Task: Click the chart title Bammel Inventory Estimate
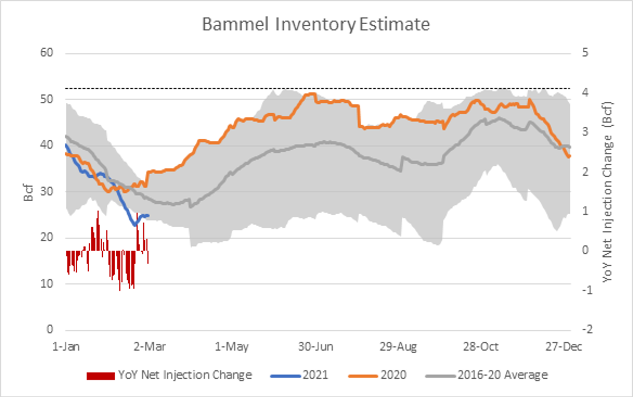coord(316,25)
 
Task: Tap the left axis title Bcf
coord(28,193)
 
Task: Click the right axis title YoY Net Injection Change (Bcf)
coord(607,192)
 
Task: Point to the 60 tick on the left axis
coord(46,53)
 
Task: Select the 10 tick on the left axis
coord(46,284)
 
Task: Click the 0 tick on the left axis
coord(50,329)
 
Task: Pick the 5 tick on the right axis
coord(585,53)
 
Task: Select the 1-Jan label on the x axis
coord(66,347)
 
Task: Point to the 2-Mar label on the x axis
coord(149,347)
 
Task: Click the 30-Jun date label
coord(315,347)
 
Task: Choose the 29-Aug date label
coord(398,347)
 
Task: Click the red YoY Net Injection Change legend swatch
coord(101,376)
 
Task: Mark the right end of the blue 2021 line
coord(149,216)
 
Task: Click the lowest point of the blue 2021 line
coord(135,225)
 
